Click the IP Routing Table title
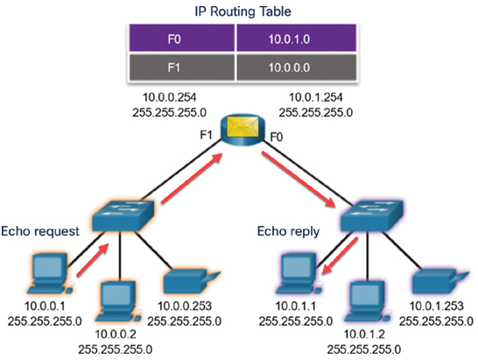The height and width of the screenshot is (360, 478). point(243,11)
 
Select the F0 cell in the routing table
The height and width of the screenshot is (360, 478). point(182,38)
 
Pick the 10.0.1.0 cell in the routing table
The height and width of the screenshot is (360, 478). point(297,38)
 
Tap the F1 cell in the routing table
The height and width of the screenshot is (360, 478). point(182,67)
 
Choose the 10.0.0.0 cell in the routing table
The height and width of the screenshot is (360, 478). point(297,67)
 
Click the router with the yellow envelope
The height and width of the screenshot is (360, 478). point(243,130)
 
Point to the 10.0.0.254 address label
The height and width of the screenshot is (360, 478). point(170,97)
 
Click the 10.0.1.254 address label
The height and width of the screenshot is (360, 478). point(316,97)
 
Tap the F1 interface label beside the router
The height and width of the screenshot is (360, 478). point(206,135)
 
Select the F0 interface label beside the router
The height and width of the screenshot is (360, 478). point(277,138)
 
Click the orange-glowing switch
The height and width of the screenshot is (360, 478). point(123,215)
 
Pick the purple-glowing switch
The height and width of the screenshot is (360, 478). point(371,215)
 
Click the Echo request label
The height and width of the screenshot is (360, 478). point(40,231)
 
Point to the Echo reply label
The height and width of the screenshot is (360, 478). point(288,231)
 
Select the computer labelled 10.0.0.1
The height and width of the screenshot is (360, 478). point(50,273)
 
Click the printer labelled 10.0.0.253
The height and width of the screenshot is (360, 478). point(192,281)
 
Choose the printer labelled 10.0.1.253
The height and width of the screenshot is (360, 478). point(440,281)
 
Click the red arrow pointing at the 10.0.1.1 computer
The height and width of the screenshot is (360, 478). point(340,256)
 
